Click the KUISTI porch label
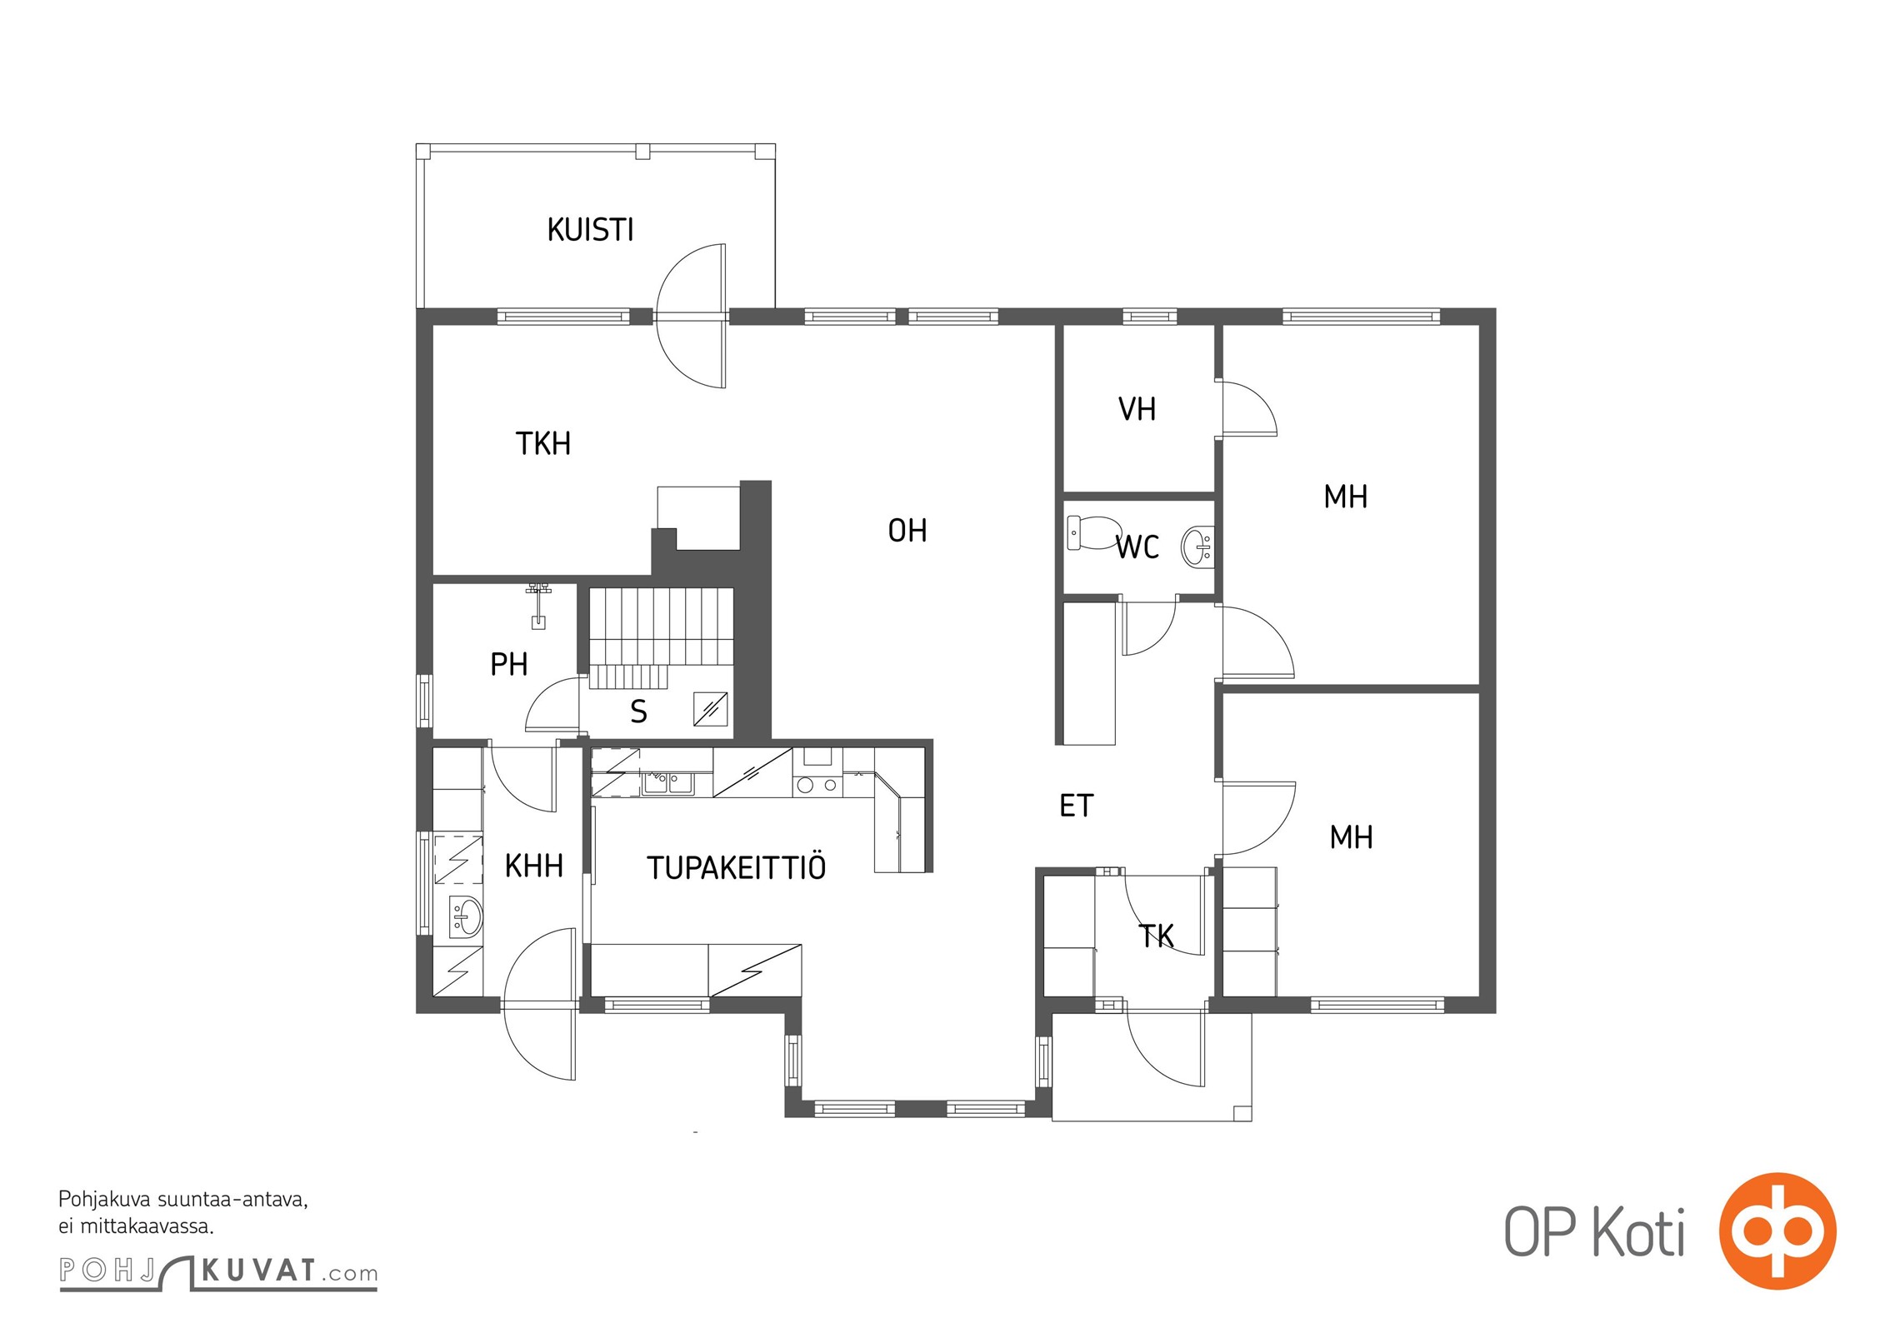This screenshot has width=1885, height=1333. (590, 230)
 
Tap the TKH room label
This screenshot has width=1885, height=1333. (543, 443)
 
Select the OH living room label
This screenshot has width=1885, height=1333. (907, 531)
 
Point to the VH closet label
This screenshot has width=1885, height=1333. (1137, 409)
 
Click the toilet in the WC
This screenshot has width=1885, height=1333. (1092, 532)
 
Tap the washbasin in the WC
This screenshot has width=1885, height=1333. (1197, 547)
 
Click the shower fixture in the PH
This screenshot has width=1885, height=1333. (538, 605)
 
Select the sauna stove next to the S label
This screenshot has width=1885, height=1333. (710, 709)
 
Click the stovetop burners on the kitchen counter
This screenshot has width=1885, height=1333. (817, 784)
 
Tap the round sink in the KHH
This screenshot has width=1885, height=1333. (466, 916)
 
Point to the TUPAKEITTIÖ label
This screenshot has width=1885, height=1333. (736, 868)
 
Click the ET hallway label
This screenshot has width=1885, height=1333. (1076, 806)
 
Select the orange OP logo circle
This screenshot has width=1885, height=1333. (1777, 1231)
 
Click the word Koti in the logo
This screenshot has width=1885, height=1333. (1639, 1232)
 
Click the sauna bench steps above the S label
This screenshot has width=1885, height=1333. (661, 638)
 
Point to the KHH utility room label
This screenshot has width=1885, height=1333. (534, 866)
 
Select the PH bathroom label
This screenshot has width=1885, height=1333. (508, 665)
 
